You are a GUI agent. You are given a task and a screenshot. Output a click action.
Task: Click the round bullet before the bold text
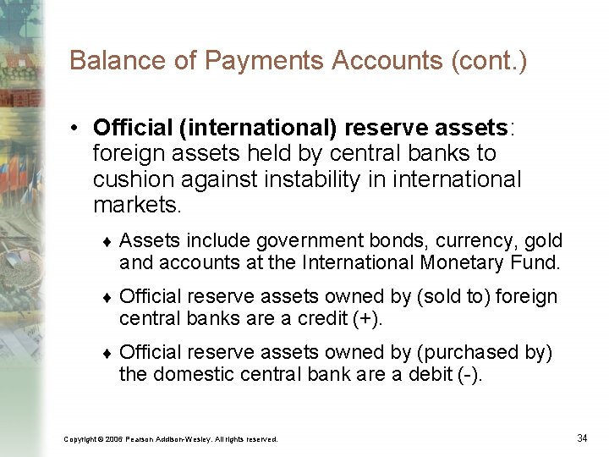point(76,128)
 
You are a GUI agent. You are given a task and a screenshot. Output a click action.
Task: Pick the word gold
point(544,241)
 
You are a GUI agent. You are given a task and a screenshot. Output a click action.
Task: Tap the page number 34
point(582,438)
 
